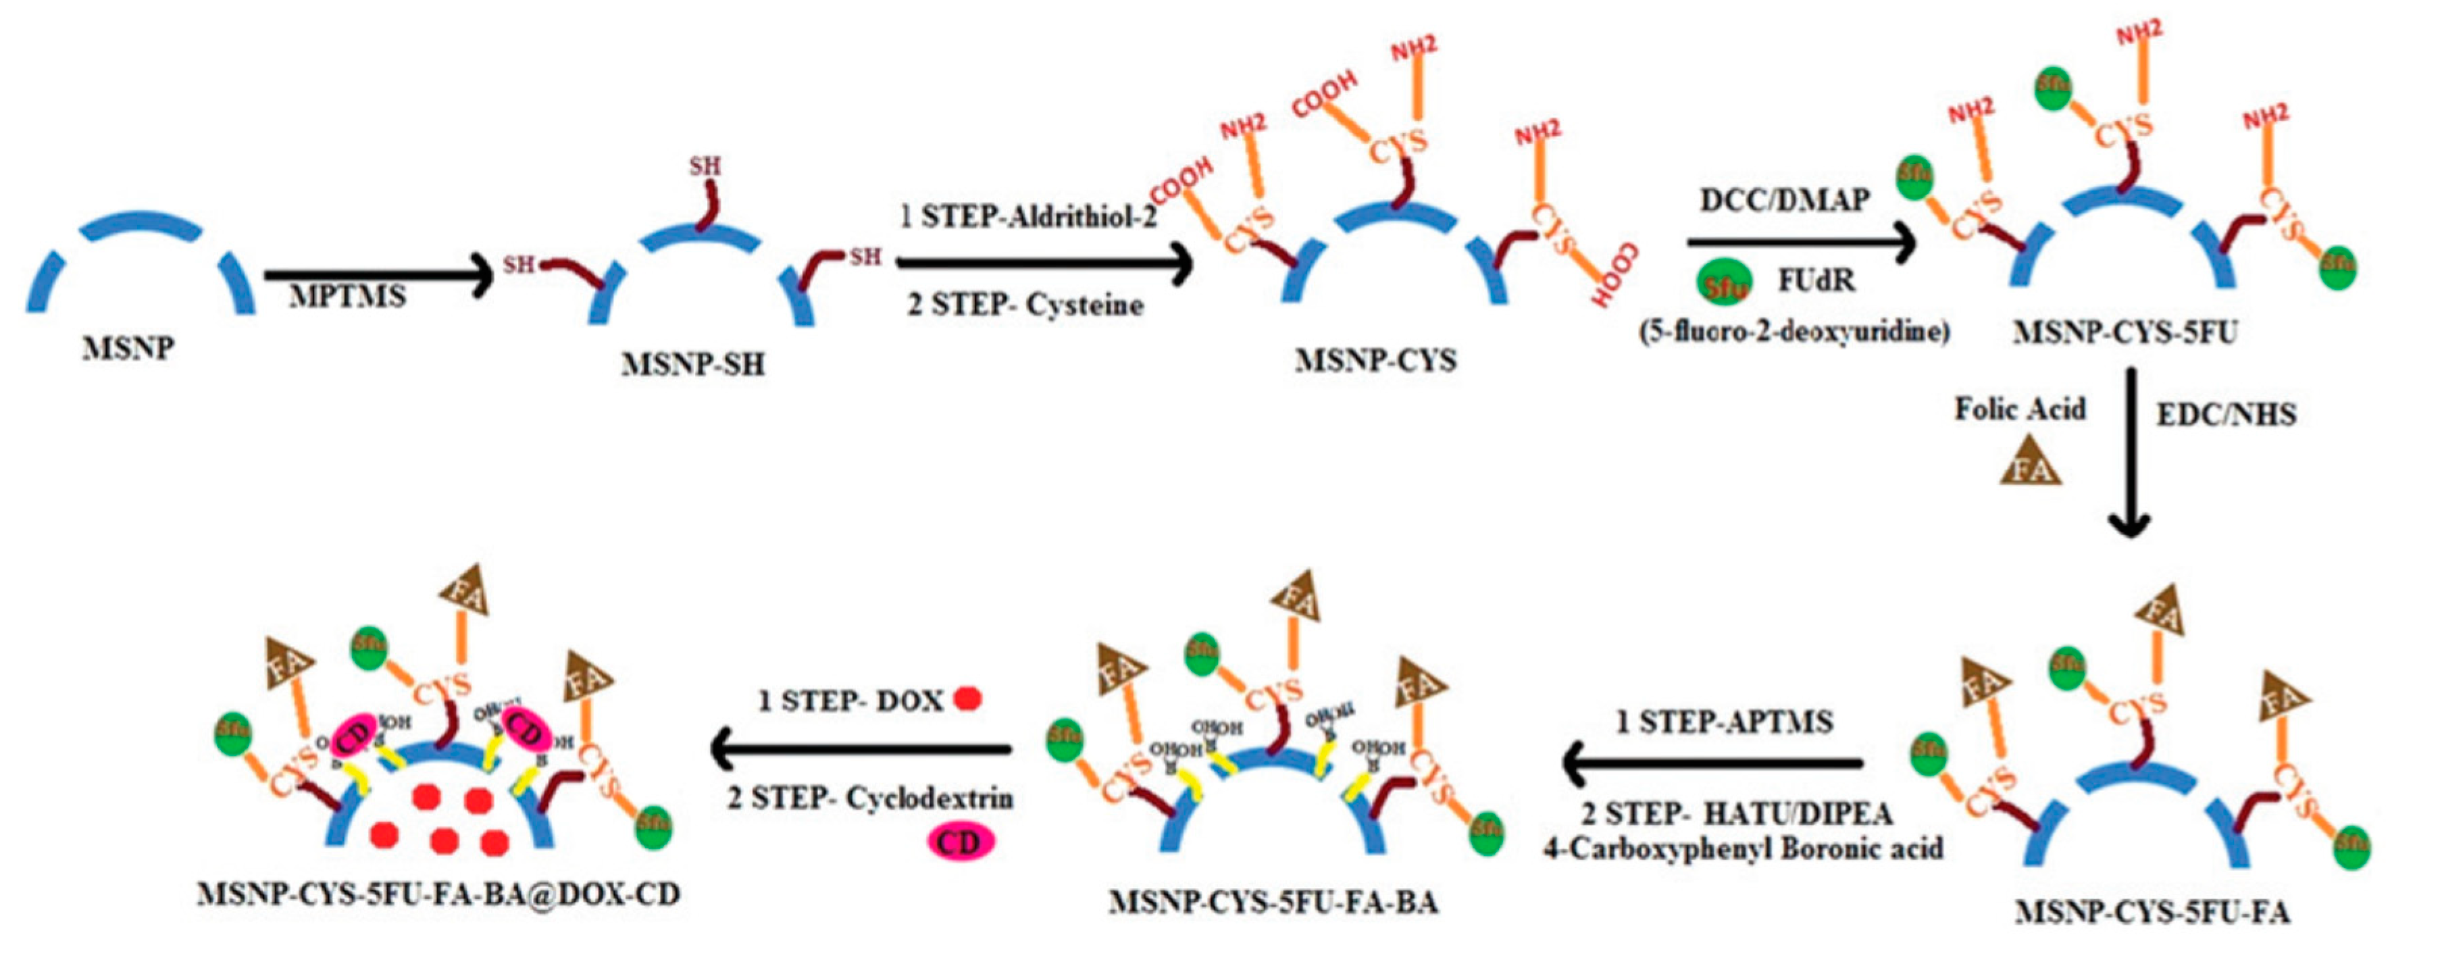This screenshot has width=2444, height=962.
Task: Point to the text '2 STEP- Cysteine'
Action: click(1025, 305)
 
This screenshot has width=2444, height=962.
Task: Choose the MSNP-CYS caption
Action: click(1376, 361)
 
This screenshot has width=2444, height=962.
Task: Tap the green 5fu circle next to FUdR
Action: click(1723, 284)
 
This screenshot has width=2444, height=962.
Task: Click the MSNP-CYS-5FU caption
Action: click(2125, 332)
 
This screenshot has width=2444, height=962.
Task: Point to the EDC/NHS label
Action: click(2226, 415)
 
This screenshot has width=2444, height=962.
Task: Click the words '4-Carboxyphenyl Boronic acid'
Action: click(1743, 847)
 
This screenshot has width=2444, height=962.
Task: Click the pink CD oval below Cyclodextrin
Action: click(960, 842)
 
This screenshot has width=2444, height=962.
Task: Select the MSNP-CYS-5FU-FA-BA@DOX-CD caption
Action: click(438, 894)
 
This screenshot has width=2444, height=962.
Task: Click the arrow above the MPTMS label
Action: click(378, 275)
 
